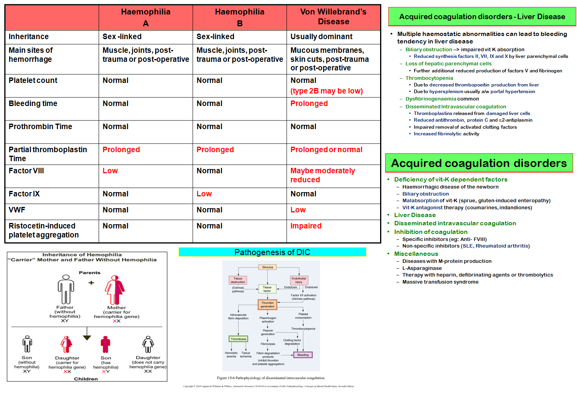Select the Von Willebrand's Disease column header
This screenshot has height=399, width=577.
click(x=333, y=17)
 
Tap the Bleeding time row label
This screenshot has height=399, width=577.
click(x=33, y=104)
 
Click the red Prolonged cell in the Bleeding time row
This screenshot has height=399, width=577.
click(x=309, y=104)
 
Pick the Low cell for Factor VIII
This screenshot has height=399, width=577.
click(x=110, y=171)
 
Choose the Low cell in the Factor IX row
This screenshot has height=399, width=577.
click(x=204, y=194)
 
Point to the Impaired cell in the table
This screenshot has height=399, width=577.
click(x=306, y=226)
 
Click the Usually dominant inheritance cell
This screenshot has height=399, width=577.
click(x=321, y=37)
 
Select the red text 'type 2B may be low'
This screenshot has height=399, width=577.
click(x=326, y=91)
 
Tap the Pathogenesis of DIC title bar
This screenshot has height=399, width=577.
click(x=272, y=252)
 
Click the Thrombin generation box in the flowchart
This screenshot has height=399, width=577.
click(x=267, y=305)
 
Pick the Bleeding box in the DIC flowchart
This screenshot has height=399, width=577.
click(x=303, y=355)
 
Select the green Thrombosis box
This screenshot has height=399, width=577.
click(x=238, y=339)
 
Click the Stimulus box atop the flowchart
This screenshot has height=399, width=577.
click(x=267, y=267)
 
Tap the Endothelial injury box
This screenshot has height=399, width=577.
click(x=299, y=280)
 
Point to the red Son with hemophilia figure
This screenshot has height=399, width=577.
click(x=105, y=345)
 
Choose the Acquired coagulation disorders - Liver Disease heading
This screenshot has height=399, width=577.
click(x=482, y=17)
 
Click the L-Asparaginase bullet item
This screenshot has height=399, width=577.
click(x=422, y=268)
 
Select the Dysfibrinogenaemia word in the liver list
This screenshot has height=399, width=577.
click(x=431, y=99)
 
